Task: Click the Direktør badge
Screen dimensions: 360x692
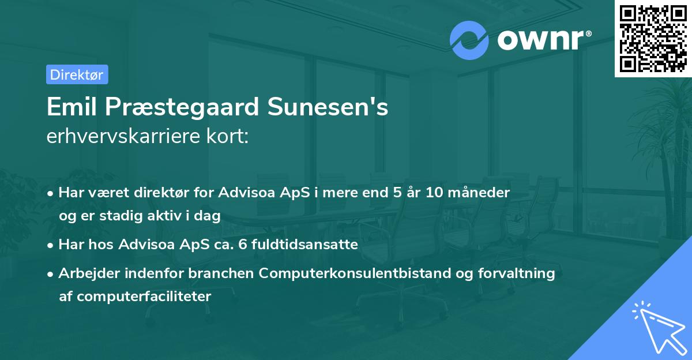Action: pos(76,74)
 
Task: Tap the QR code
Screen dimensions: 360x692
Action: pos(652,39)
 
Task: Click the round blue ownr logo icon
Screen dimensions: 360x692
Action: pos(469,40)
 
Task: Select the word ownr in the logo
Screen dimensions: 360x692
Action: pos(543,40)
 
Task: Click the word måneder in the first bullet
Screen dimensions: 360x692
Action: pos(481,193)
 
